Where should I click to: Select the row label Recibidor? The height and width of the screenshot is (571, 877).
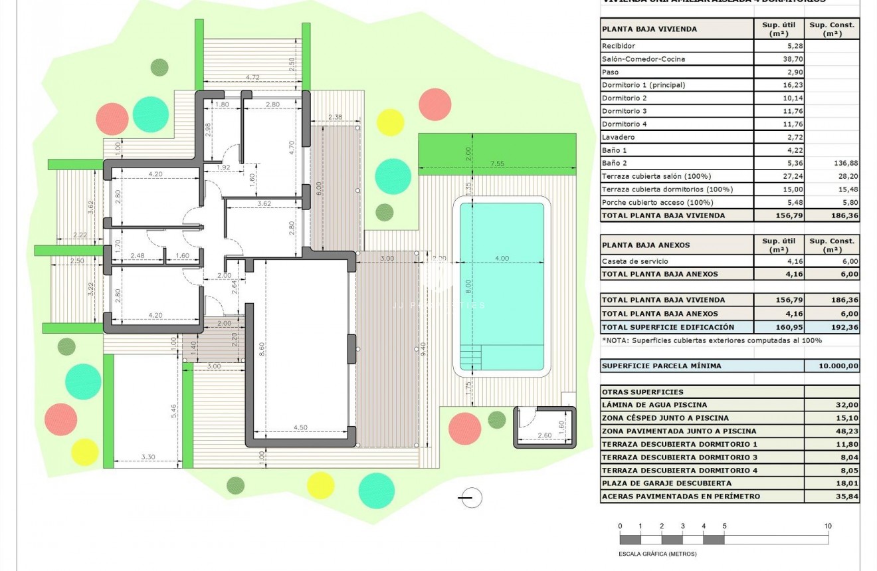pos(619,46)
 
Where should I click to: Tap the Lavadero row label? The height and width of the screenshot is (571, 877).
pos(618,137)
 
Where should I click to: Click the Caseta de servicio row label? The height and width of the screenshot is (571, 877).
pos(634,261)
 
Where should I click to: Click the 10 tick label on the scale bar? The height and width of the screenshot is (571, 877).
pos(828,526)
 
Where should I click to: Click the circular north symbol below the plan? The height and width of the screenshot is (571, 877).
pos(470,497)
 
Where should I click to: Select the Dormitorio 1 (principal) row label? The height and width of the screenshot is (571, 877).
pos(642,85)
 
